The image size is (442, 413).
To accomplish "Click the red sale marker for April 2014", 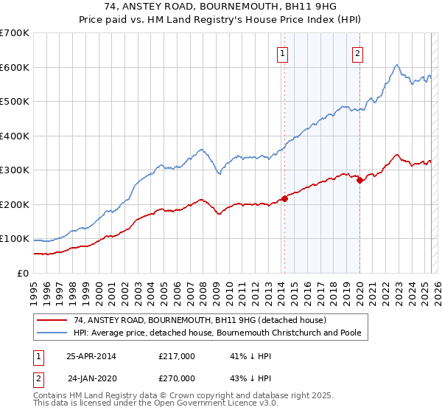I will click(284, 198).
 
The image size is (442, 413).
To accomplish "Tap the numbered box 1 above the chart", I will click(283, 53).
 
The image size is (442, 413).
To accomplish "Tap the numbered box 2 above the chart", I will click(357, 53).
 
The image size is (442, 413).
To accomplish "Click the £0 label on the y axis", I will click(23, 273).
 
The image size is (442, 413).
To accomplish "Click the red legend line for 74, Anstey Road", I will click(52, 320).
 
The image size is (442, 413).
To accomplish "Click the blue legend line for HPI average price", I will click(52, 333).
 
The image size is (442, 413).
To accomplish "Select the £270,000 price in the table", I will click(177, 378).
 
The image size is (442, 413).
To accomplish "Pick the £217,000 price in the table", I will click(177, 356).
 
